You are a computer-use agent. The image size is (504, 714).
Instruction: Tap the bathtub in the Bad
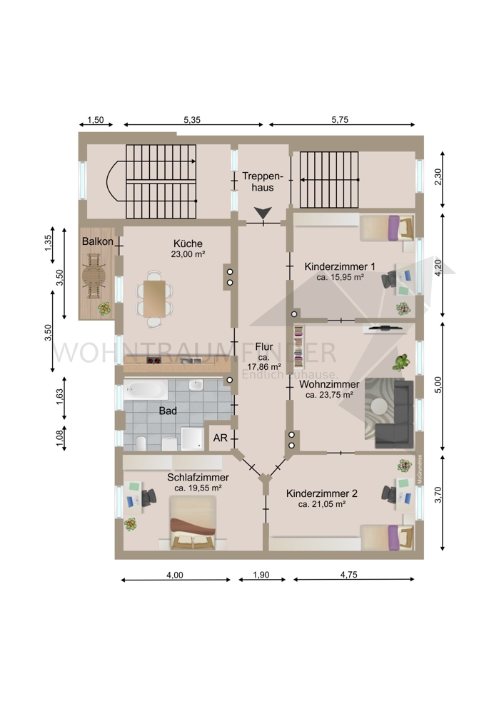(146, 390)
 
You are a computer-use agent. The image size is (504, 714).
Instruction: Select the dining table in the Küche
(156, 298)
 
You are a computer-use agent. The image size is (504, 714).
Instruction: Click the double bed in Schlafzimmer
(192, 524)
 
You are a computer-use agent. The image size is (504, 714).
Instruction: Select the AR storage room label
(220, 438)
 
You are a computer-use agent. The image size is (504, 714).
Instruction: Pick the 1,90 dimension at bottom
(263, 575)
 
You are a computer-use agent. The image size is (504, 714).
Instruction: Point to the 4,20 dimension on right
(448, 266)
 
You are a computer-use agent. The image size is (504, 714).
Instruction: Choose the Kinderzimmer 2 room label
(322, 493)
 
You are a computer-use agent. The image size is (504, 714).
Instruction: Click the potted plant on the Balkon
(104, 309)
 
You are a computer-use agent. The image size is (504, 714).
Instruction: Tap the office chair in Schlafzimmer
(149, 497)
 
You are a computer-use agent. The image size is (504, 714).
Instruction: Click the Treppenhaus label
(263, 181)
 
